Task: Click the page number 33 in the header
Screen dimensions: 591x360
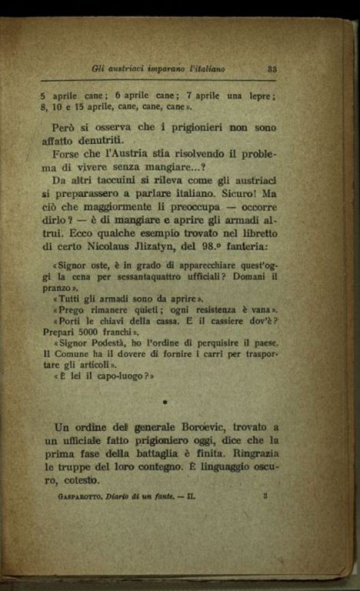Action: pos(272,69)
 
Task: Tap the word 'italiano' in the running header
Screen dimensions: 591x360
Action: pos(207,69)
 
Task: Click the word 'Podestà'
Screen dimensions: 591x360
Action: pos(114,343)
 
